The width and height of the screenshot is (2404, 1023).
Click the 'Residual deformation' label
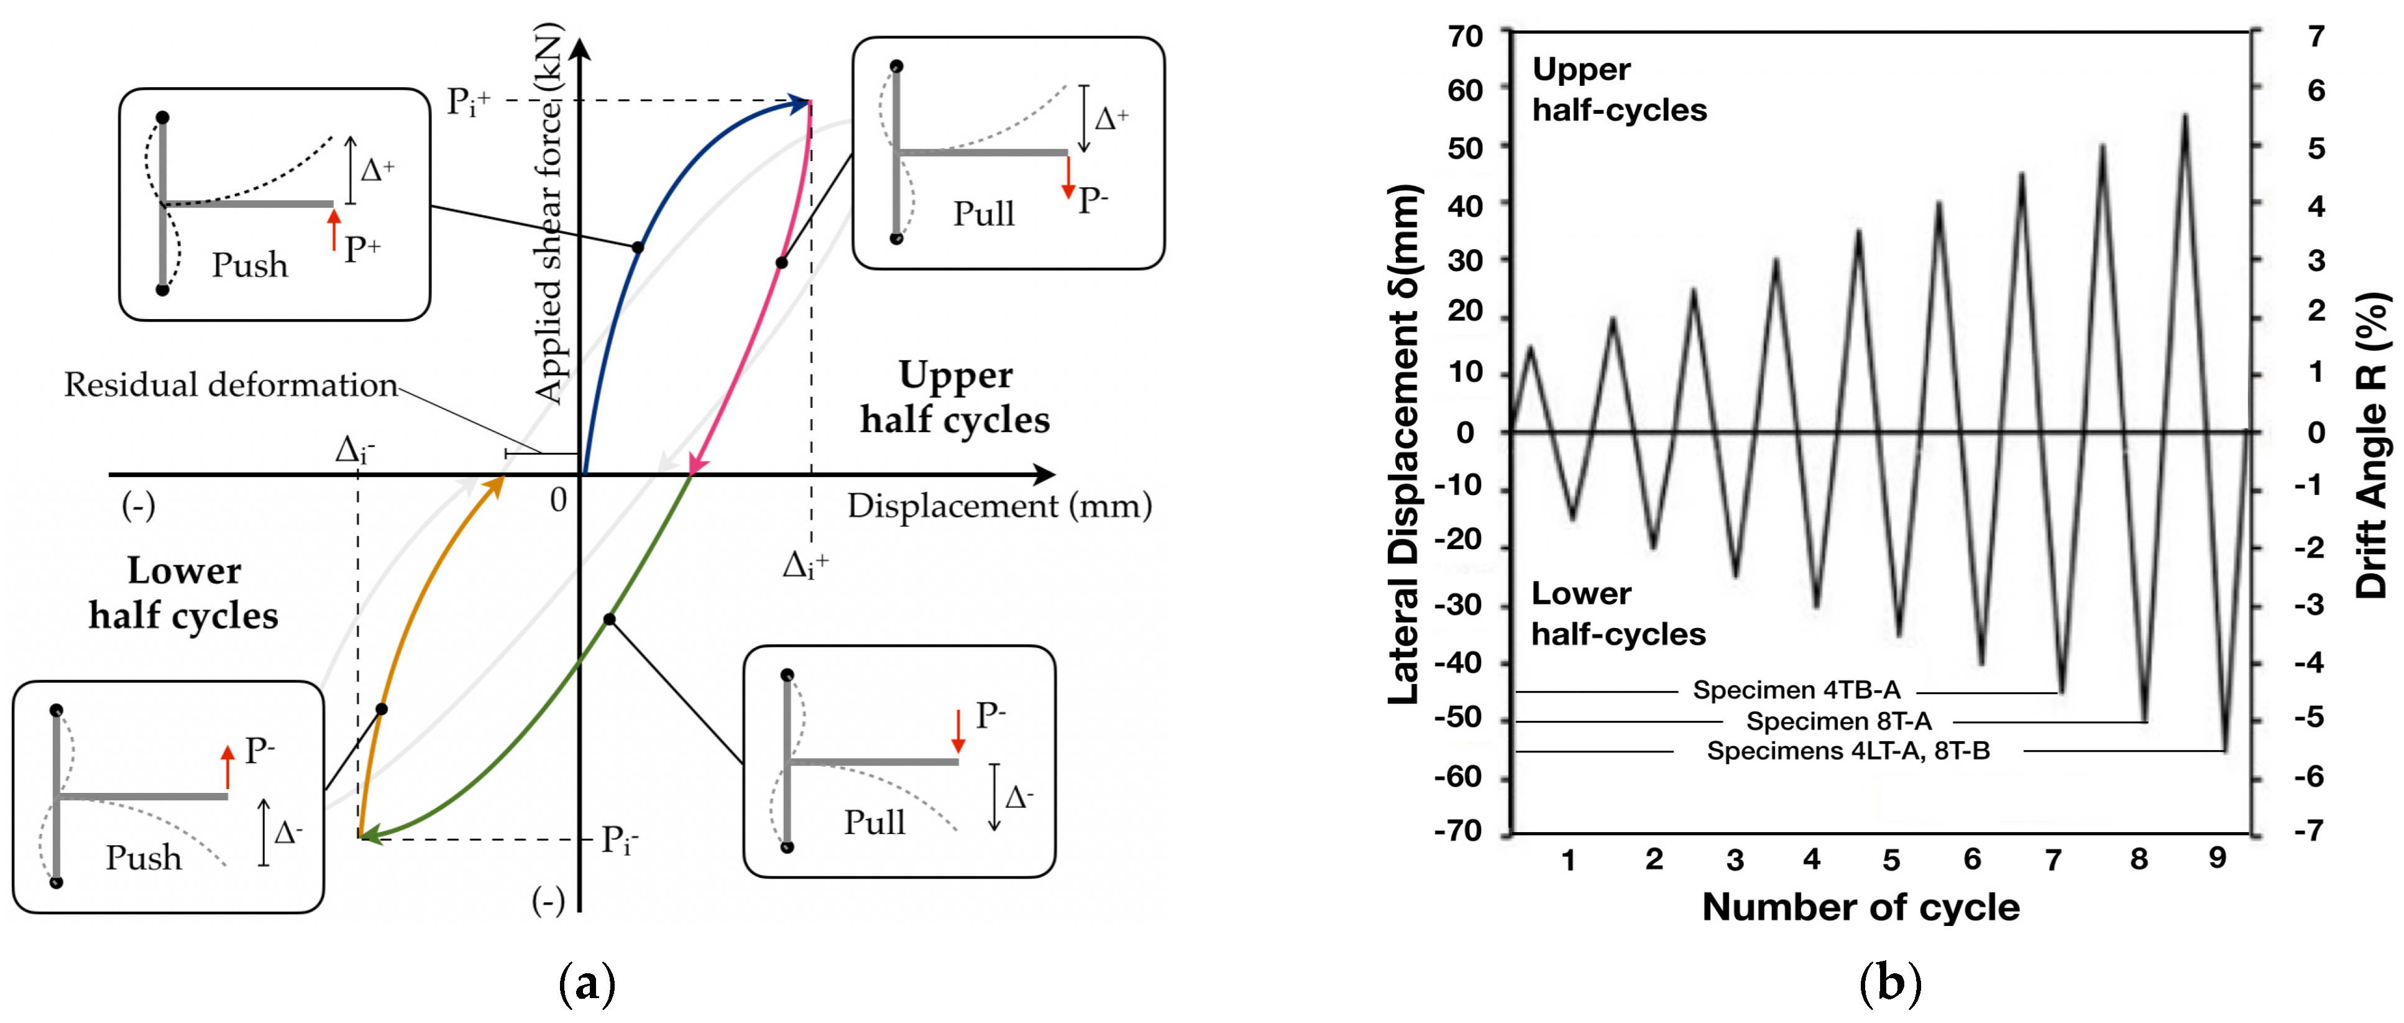click(x=231, y=384)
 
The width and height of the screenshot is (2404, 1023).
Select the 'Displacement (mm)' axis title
click(x=999, y=506)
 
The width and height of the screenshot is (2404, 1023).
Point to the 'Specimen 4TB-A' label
click(x=1796, y=690)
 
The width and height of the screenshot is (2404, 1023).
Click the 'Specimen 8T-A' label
click(x=1838, y=721)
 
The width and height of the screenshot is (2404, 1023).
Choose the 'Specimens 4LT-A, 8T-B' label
click(x=1848, y=751)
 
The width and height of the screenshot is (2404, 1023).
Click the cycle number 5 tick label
click(x=1891, y=859)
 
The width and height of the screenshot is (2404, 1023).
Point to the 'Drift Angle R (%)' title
click(x=2370, y=444)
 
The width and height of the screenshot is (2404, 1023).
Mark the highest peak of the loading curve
click(x=2185, y=116)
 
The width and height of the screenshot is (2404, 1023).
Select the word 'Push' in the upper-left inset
click(x=249, y=265)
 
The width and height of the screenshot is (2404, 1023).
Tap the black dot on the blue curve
click(x=638, y=248)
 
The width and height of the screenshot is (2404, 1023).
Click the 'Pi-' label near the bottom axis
click(x=620, y=840)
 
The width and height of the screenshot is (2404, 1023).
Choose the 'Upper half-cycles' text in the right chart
click(x=1619, y=90)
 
